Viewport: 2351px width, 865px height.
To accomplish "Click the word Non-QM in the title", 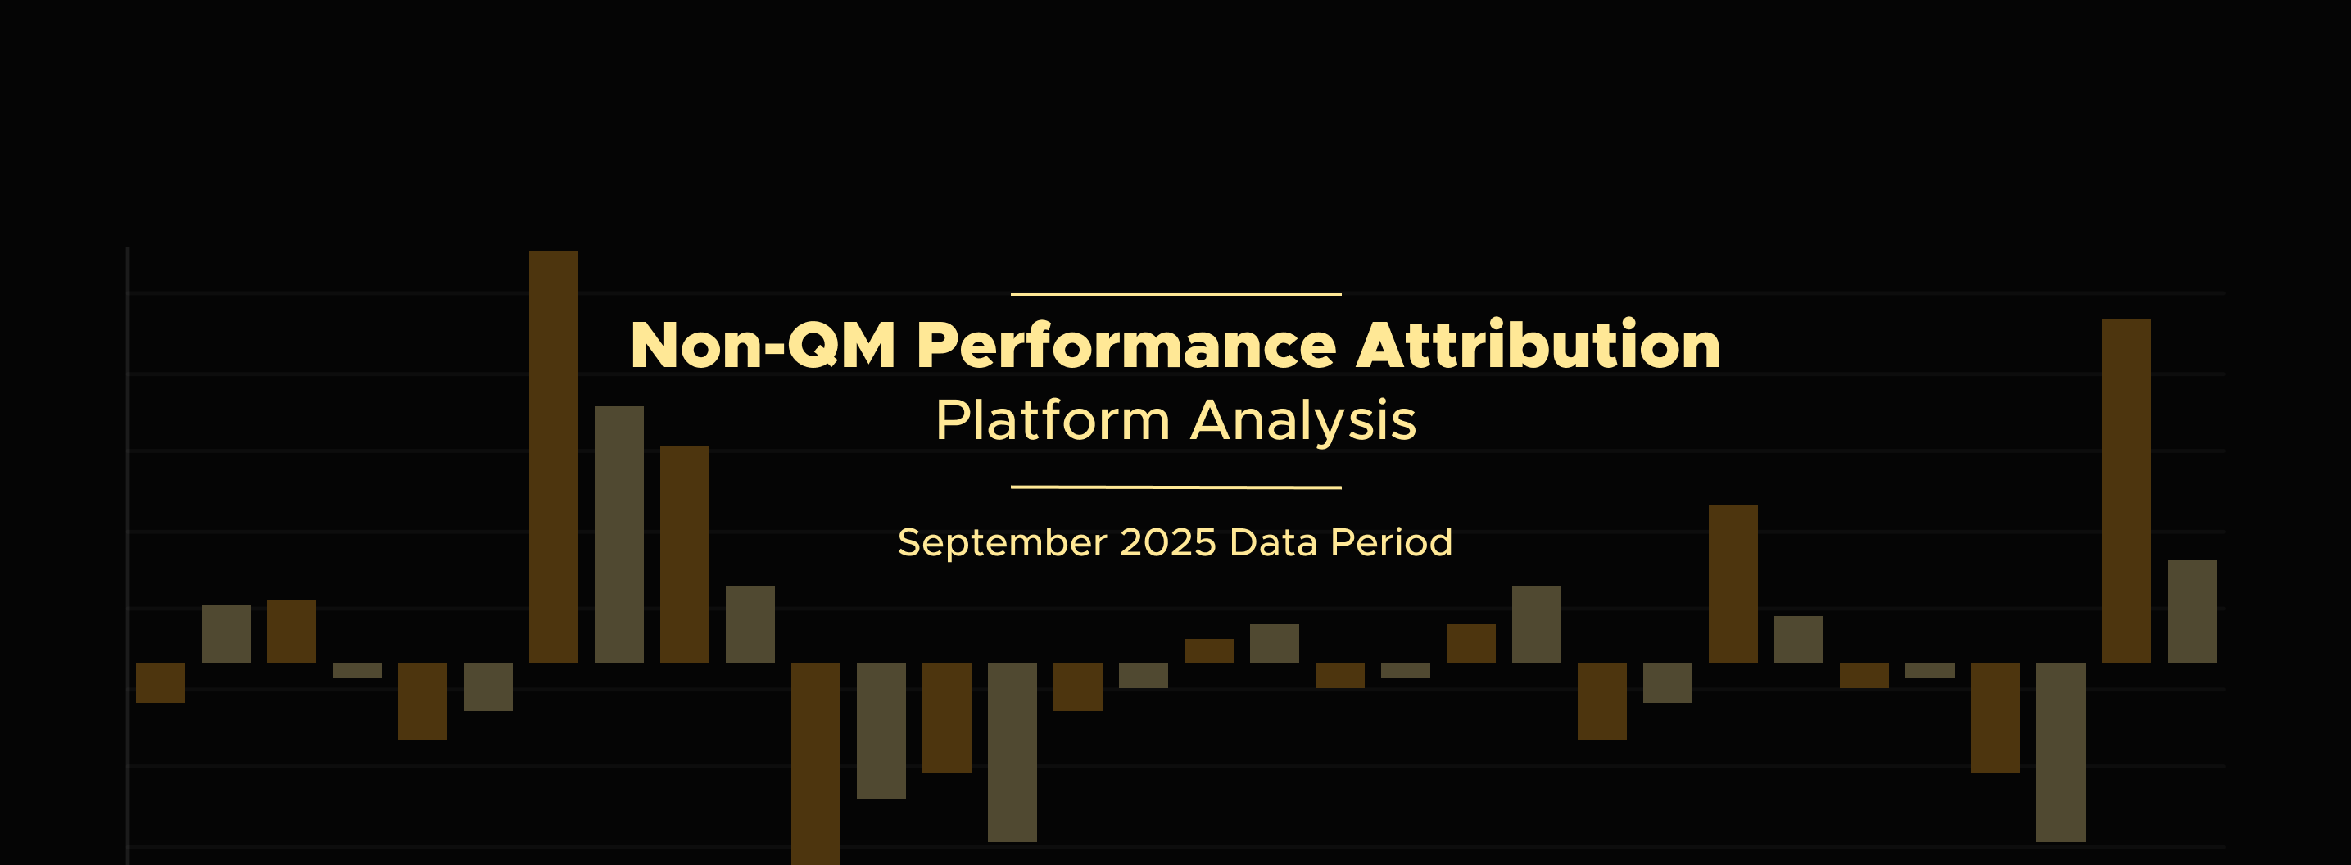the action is pyautogui.click(x=763, y=345).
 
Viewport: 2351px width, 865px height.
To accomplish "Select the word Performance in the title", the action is pyautogui.click(x=1126, y=345).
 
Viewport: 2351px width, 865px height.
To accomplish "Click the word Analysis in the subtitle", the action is pyautogui.click(x=1303, y=422).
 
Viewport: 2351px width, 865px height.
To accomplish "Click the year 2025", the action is pyautogui.click(x=1167, y=542).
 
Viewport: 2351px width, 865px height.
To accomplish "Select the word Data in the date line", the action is pyautogui.click(x=1273, y=542).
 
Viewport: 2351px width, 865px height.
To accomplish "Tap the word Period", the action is pyautogui.click(x=1391, y=542).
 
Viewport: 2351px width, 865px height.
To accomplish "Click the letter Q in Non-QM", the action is pyautogui.click(x=813, y=345).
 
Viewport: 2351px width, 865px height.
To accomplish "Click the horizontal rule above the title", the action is pyautogui.click(x=1175, y=295).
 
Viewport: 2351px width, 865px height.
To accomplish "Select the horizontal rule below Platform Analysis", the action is pyautogui.click(x=1175, y=487).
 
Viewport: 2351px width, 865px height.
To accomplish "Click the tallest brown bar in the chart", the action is pyautogui.click(x=553, y=457).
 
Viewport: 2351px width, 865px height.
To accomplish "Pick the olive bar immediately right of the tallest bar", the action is pyautogui.click(x=618, y=535).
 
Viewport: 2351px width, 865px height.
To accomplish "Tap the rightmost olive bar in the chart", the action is pyautogui.click(x=2191, y=611).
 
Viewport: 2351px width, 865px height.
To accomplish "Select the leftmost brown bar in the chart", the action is pyautogui.click(x=161, y=682).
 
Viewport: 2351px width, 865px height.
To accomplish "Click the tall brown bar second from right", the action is pyautogui.click(x=2126, y=491).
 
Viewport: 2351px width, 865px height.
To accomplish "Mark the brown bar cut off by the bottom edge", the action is pyautogui.click(x=816, y=763).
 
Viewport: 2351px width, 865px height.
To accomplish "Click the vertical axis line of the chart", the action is pyautogui.click(x=128, y=555).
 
